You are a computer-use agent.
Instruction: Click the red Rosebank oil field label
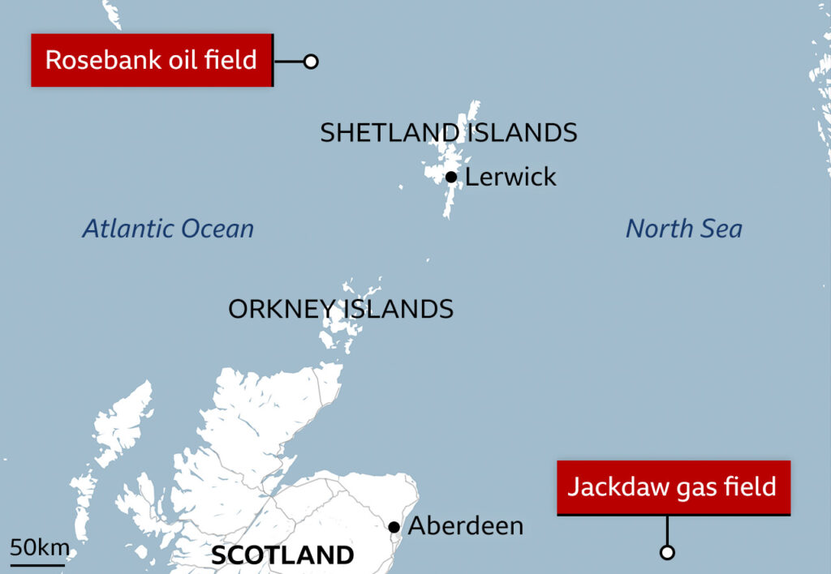point(151,60)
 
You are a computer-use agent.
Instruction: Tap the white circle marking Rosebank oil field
point(311,62)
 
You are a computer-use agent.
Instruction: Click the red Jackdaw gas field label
point(673,487)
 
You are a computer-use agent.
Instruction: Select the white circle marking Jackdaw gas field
point(667,553)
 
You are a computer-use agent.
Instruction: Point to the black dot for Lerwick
point(451,177)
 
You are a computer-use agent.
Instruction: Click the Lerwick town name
point(510,177)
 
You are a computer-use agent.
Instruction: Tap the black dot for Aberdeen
point(394,527)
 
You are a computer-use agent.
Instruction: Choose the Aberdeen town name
point(465,526)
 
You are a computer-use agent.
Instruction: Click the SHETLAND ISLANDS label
point(448,133)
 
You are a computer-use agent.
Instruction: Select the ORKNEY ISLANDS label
point(341,309)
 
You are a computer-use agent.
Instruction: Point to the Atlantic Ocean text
point(168,229)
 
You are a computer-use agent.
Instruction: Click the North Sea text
point(683,229)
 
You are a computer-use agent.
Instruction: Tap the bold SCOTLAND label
point(282,555)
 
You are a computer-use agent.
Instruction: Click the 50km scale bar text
point(39,547)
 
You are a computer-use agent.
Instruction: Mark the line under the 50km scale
point(37,563)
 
